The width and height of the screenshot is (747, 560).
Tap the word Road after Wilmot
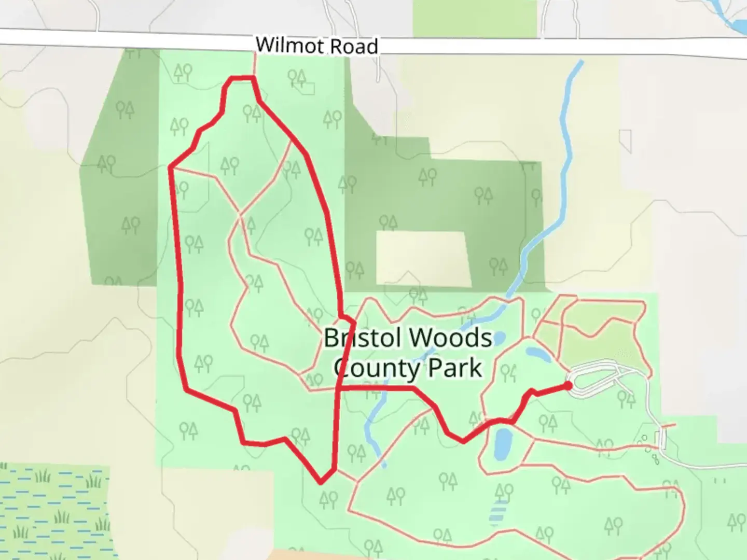354,47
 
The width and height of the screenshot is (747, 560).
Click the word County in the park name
370,368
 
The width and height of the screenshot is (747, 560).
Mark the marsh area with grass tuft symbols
52,511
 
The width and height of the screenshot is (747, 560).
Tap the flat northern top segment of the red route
242,78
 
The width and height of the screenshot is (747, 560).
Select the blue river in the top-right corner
729,16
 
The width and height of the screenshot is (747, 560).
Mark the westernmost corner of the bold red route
170,167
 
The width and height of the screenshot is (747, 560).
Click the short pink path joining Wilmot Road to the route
254,65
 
